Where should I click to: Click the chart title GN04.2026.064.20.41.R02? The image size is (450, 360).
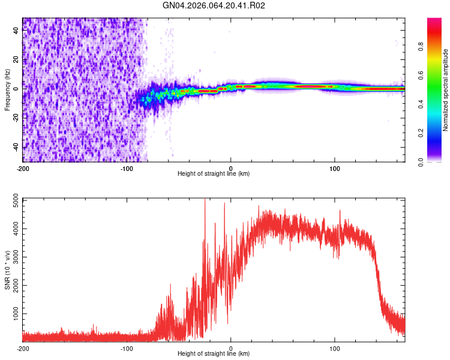(214, 5)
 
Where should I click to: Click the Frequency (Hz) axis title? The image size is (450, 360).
(7, 90)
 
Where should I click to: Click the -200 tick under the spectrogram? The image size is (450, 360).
(23, 167)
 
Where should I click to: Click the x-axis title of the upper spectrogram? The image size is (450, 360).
(214, 174)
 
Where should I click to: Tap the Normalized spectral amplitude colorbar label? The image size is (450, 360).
(445, 90)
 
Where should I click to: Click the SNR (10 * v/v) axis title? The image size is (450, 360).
(7, 270)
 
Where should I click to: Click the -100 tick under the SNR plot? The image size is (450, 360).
(127, 348)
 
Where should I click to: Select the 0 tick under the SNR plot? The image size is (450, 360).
(231, 348)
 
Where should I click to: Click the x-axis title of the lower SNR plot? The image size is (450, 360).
(214, 354)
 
